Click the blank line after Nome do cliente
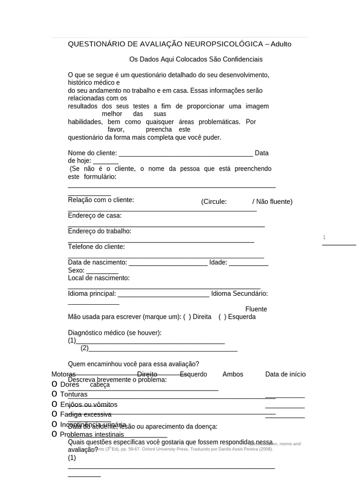tap(186, 154)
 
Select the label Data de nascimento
tap(97, 262)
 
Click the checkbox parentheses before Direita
tap(187, 317)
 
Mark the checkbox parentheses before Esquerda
tap(222, 317)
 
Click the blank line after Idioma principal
tap(163, 294)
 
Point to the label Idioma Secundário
tap(239, 293)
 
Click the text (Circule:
tap(214, 202)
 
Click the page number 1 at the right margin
tap(324, 238)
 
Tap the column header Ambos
tap(232, 374)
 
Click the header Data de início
tap(285, 374)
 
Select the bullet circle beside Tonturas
tap(54, 394)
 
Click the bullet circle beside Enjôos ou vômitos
tap(54, 404)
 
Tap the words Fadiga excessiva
tap(86, 414)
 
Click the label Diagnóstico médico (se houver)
tap(115, 333)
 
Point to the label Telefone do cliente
tap(97, 247)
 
